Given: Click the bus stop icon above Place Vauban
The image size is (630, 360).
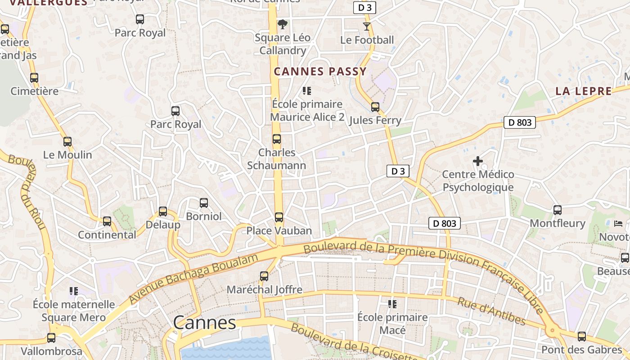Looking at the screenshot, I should coord(279,217).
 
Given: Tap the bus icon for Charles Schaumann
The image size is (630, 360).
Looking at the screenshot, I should coord(277,139).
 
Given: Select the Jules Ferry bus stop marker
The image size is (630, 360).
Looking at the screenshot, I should coord(375,107).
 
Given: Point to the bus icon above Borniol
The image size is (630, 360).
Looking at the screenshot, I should coord(204,203).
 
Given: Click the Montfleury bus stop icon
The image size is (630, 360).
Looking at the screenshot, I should coord(558,210).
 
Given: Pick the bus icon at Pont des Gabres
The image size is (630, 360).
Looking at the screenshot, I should coord(581,336).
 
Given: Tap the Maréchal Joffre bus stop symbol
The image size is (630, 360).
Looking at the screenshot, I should coord(264,276).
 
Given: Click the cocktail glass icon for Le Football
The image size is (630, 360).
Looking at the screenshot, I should coord(367,27).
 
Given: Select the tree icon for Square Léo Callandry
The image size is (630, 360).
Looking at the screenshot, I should coord(283,24).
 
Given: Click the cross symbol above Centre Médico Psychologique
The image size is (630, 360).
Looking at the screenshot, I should coord(478,161).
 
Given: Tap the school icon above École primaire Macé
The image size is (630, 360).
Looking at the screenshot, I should coord(392,304).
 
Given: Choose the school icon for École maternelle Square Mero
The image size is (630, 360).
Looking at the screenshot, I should coord(74,291).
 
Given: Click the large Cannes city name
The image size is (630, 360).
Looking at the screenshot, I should coord(205,323).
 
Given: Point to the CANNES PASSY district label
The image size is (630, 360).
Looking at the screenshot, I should coord(320,72).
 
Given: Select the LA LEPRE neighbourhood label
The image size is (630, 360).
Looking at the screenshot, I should coord(584,91).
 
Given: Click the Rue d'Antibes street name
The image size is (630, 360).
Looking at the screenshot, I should coord(491,311).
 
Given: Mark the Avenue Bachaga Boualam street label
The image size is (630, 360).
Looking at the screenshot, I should coord(193,279).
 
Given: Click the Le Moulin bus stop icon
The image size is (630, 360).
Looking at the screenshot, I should coord(67,142).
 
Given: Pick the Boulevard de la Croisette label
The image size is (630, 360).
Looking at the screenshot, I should coord(355,343).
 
